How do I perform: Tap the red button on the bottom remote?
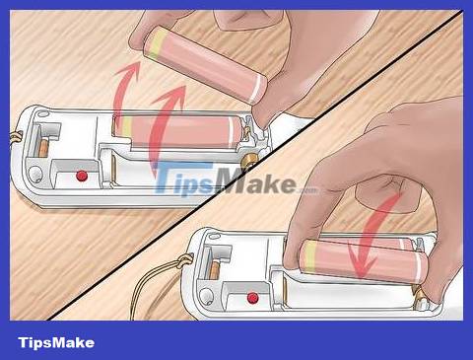[x=252, y=296]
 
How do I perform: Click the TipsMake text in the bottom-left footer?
[x=55, y=342]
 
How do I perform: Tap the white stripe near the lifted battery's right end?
[x=256, y=89]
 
